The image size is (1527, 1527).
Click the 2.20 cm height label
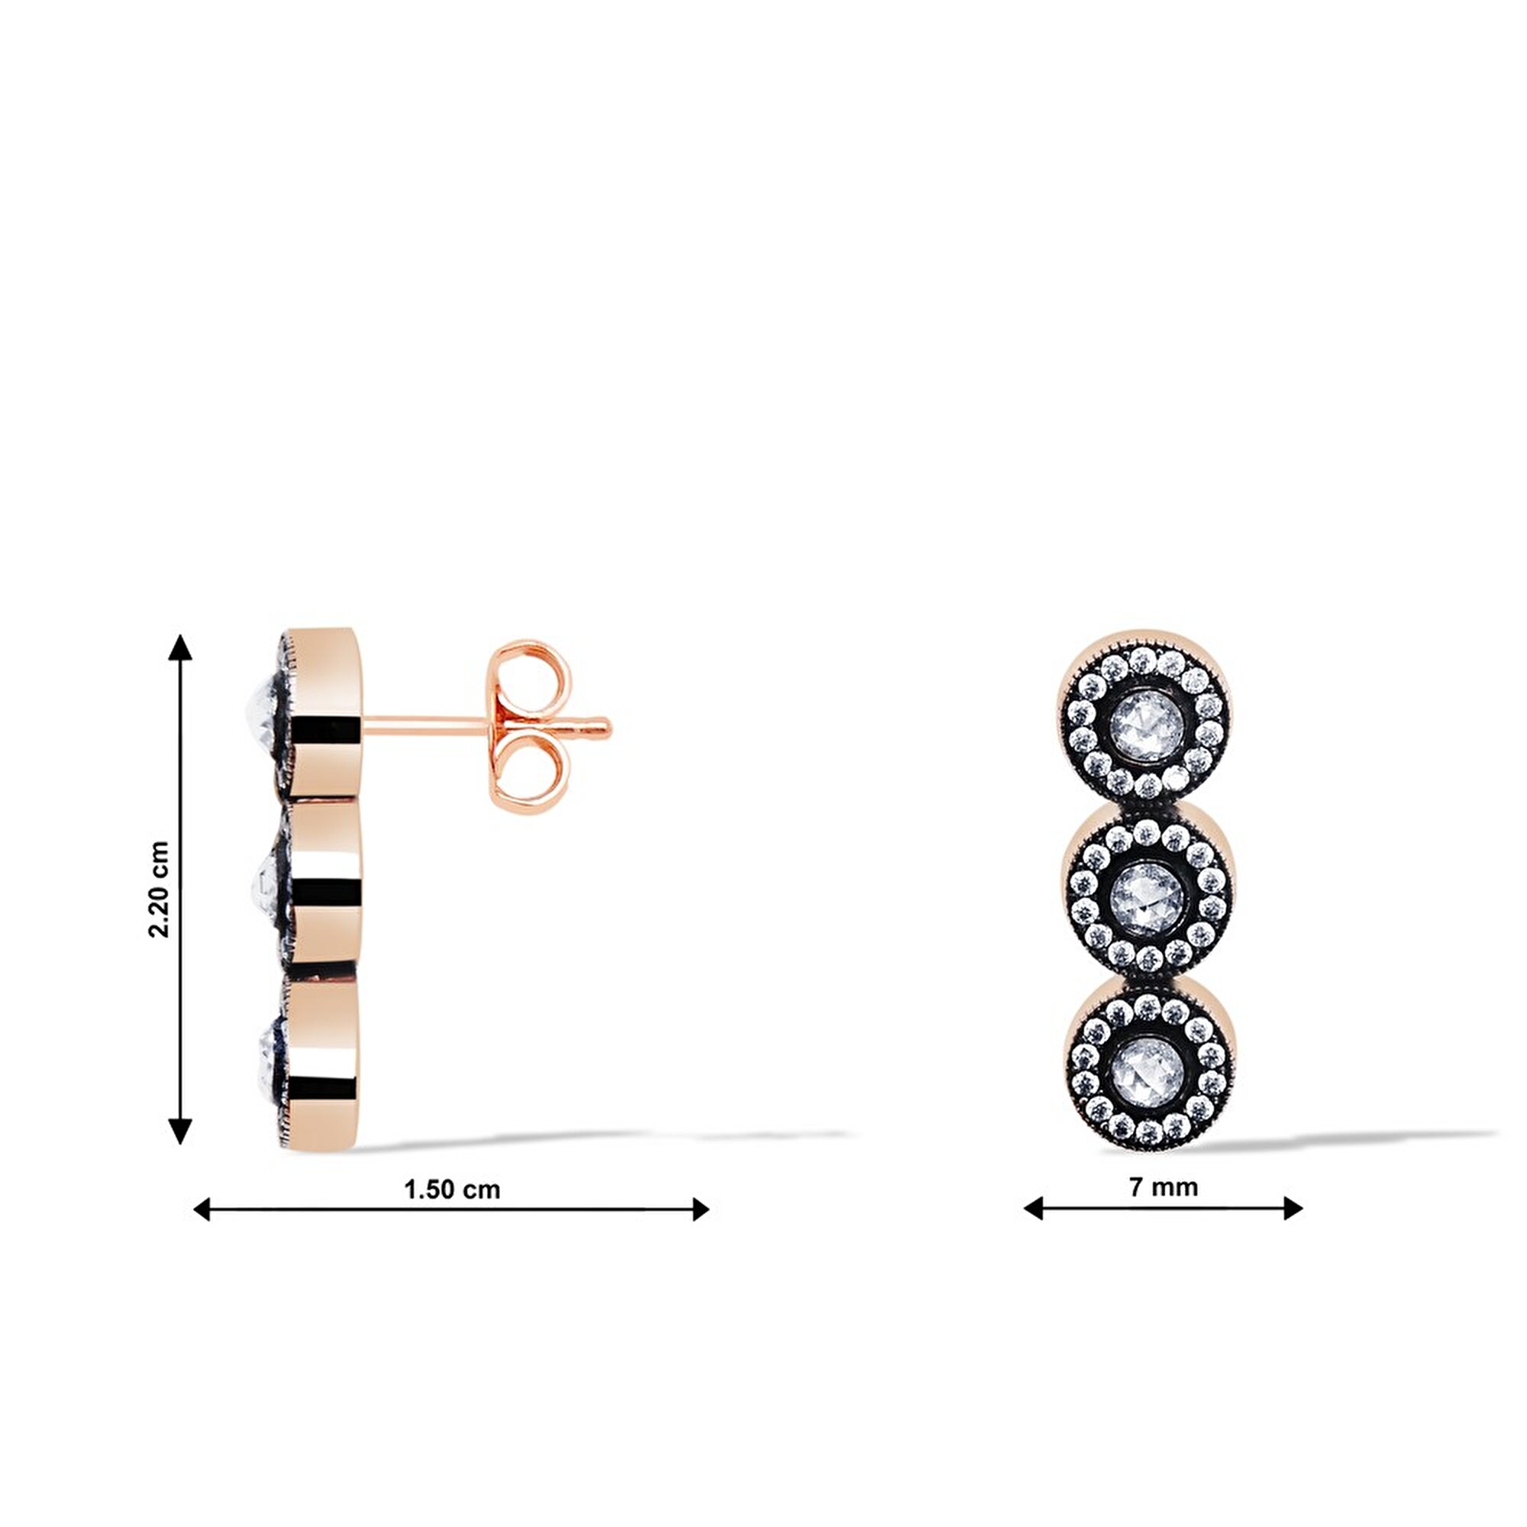point(159,889)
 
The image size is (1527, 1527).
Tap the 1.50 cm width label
point(452,1190)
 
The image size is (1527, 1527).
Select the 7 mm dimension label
point(1164,1187)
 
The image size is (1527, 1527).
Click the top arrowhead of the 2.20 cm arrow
point(181,647)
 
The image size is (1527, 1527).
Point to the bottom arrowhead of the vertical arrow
point(181,1131)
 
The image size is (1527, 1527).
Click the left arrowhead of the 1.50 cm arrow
point(202,1209)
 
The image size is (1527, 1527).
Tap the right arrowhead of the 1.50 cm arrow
point(700,1209)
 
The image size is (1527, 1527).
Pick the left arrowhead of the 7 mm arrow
point(1033,1209)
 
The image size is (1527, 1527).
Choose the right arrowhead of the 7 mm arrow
point(1293,1209)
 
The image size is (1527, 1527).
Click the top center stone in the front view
point(1147,723)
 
